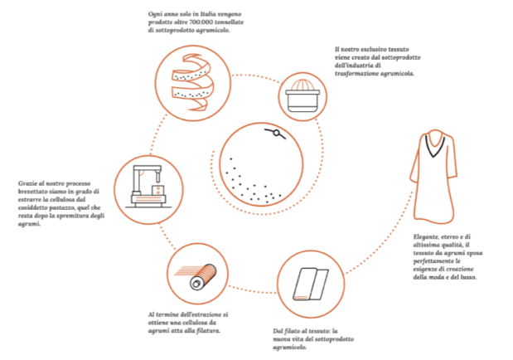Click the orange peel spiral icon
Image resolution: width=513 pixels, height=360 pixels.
click(x=192, y=83)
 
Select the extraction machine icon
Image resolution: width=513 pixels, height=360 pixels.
click(x=148, y=187)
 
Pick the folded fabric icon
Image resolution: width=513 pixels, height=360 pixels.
click(x=311, y=284)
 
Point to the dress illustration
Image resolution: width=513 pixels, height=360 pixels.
click(x=433, y=177)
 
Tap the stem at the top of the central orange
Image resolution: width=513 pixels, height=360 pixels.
click(x=275, y=133)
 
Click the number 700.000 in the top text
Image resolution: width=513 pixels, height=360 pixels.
click(x=201, y=22)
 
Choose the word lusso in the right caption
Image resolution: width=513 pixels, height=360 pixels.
click(x=468, y=277)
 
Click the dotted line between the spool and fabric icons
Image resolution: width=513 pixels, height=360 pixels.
click(x=252, y=289)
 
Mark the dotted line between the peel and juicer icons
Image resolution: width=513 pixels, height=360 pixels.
click(x=257, y=77)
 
